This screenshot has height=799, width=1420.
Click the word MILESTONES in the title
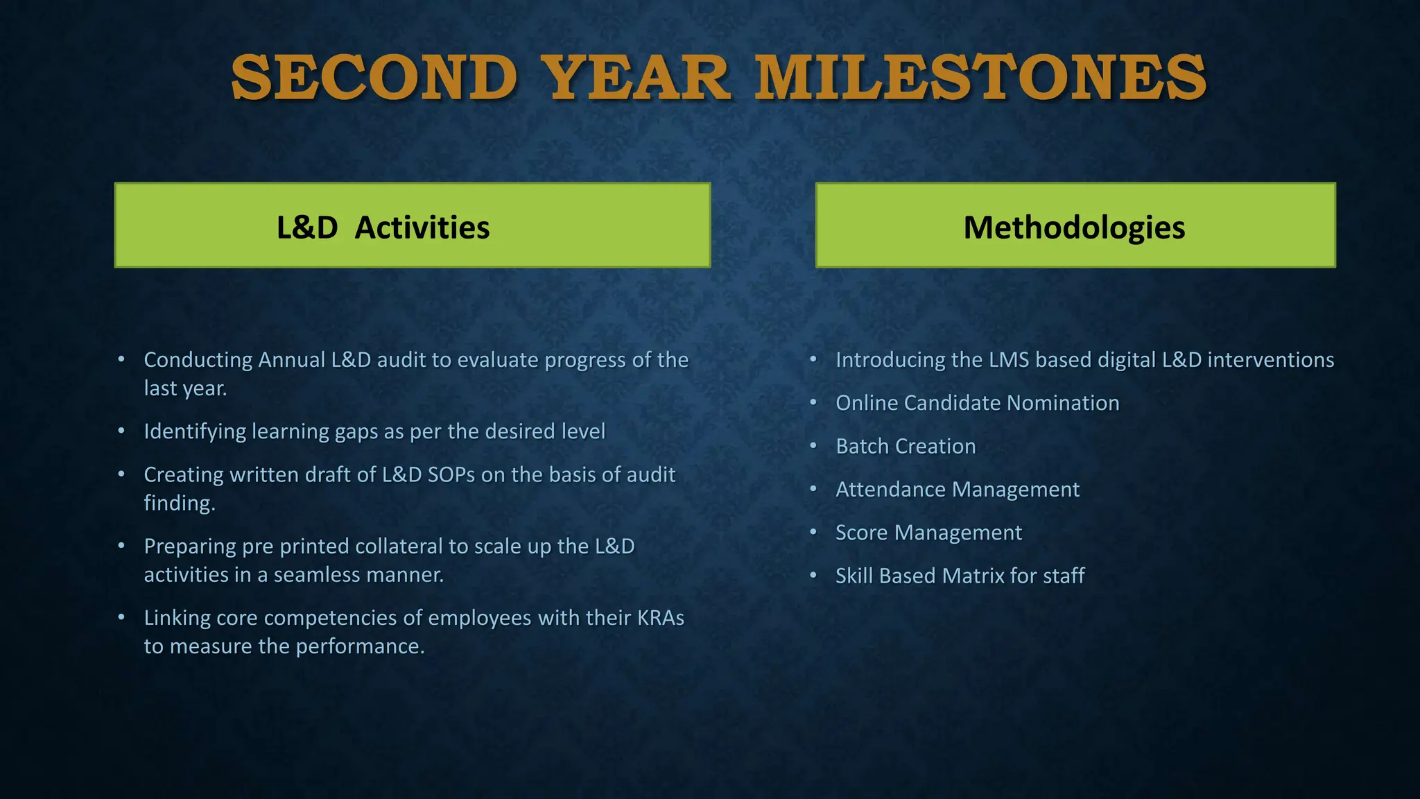980,78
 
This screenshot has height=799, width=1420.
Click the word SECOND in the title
374,78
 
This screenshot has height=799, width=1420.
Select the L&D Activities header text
383,227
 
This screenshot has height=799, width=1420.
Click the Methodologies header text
1074,227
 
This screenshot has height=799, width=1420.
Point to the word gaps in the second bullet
356,431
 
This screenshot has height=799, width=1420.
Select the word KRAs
660,618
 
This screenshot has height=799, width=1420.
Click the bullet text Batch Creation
906,446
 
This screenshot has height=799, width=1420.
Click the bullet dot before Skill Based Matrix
813,575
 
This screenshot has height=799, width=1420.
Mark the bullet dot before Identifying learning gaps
121,431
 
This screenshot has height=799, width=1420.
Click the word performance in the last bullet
361,646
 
